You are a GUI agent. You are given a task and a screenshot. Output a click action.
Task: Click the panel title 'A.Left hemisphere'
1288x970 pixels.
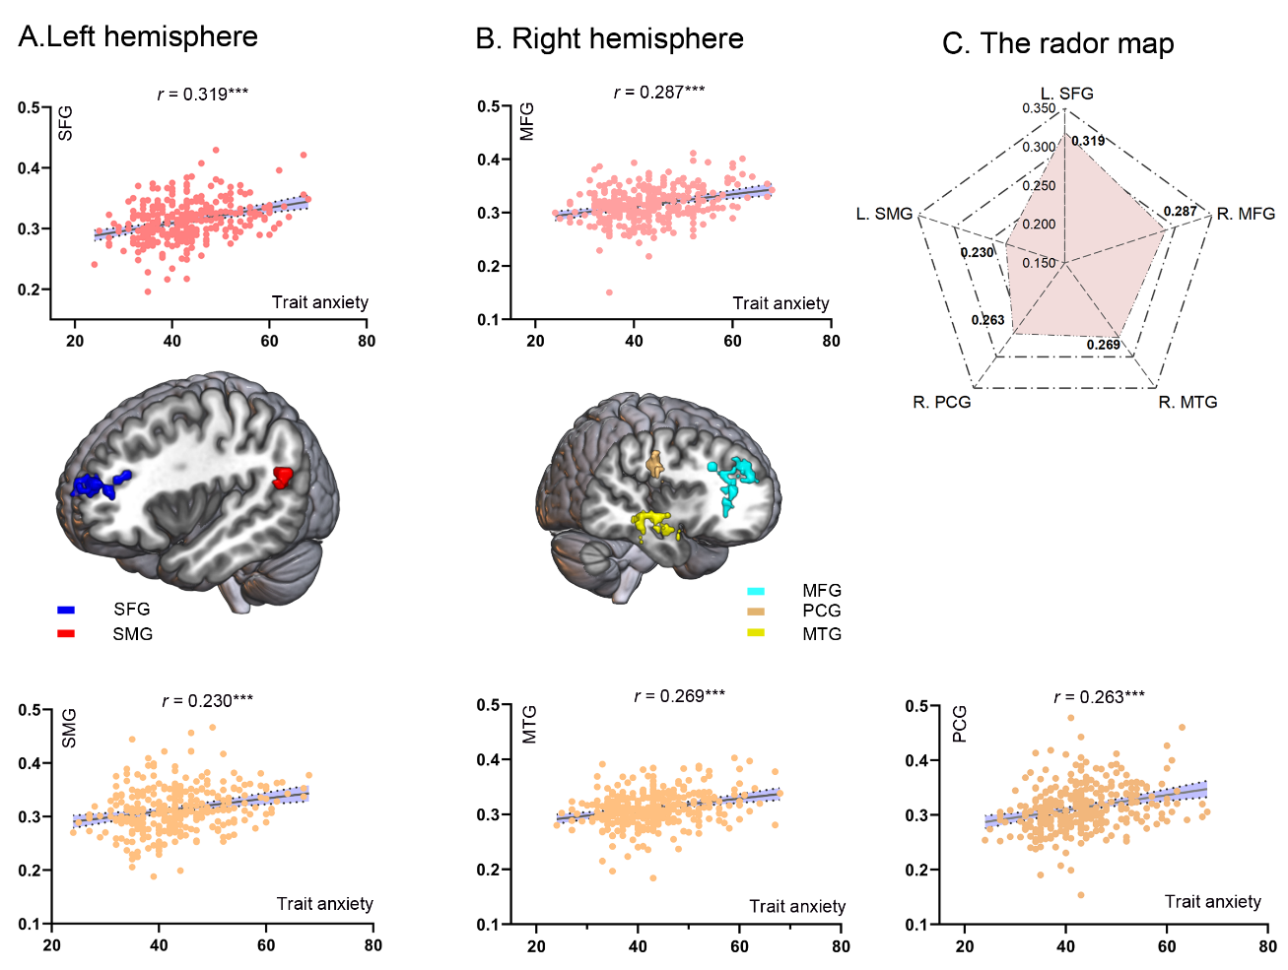[138, 37]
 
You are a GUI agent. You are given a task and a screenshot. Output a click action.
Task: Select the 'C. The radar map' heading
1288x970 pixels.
[1057, 44]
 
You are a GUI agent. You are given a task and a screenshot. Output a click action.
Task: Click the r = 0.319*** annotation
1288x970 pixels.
[202, 95]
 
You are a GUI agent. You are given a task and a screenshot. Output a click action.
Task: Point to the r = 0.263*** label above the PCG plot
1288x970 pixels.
[1099, 697]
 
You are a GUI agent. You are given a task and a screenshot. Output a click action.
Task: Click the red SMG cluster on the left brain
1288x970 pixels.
[284, 478]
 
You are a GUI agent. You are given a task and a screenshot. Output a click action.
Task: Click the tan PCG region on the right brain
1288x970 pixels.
[654, 463]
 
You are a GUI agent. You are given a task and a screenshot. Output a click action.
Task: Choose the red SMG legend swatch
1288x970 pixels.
[66, 634]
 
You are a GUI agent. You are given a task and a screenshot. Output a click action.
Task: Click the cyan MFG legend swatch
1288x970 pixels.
[756, 591]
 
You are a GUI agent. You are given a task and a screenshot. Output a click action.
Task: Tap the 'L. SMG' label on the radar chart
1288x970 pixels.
[884, 214]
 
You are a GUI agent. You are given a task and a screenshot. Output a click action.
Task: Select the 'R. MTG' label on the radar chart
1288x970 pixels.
[1187, 402]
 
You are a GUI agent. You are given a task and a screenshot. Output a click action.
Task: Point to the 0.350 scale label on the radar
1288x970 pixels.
[1038, 108]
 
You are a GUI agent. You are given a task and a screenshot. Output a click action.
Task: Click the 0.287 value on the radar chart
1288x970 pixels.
[1180, 212]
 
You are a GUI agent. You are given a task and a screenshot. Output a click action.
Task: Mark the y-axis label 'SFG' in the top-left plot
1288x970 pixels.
[66, 123]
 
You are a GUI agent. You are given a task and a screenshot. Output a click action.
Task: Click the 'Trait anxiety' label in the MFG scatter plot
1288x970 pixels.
[780, 303]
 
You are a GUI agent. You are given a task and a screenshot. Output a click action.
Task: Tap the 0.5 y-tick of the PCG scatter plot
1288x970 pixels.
[916, 706]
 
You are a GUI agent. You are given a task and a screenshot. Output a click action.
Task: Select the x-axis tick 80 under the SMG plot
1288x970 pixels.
[373, 945]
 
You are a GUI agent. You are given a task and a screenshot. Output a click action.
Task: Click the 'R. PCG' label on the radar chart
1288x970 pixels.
[941, 402]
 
